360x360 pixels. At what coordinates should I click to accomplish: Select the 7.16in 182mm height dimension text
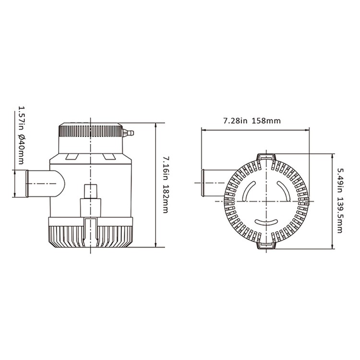pos(166,185)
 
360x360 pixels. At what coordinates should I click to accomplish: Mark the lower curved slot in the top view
pos(266,222)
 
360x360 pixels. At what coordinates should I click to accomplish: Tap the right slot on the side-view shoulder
pos(108,156)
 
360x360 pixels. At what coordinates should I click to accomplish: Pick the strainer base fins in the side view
pos(90,236)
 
